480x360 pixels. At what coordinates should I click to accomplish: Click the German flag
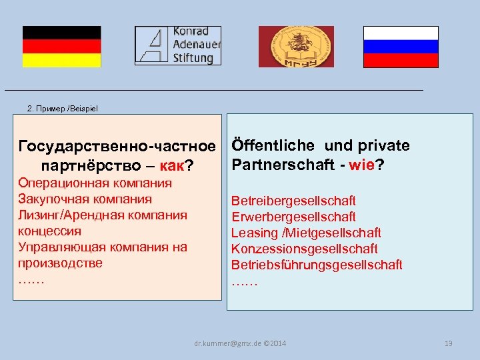pos(61,47)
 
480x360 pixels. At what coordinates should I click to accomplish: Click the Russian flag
pos(401,47)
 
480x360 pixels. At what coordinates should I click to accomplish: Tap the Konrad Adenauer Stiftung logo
pos(178,45)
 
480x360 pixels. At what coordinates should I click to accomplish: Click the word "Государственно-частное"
pos(118,146)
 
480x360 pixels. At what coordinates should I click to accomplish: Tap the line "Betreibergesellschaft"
pos(293,201)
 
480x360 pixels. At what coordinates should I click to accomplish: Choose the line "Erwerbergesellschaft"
pos(293,217)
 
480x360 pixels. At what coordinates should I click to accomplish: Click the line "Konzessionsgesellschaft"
pos(305,249)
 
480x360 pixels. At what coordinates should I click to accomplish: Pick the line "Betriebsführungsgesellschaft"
pos(317,265)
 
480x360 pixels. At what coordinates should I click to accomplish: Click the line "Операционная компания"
pos(95,183)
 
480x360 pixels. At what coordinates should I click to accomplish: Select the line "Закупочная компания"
pos(85,199)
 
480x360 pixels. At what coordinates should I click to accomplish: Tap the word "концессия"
pos(50,231)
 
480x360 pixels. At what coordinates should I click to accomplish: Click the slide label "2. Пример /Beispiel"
pos(62,108)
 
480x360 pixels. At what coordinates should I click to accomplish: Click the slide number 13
pos(448,343)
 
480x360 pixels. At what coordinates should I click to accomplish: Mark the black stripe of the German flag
pos(61,33)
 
